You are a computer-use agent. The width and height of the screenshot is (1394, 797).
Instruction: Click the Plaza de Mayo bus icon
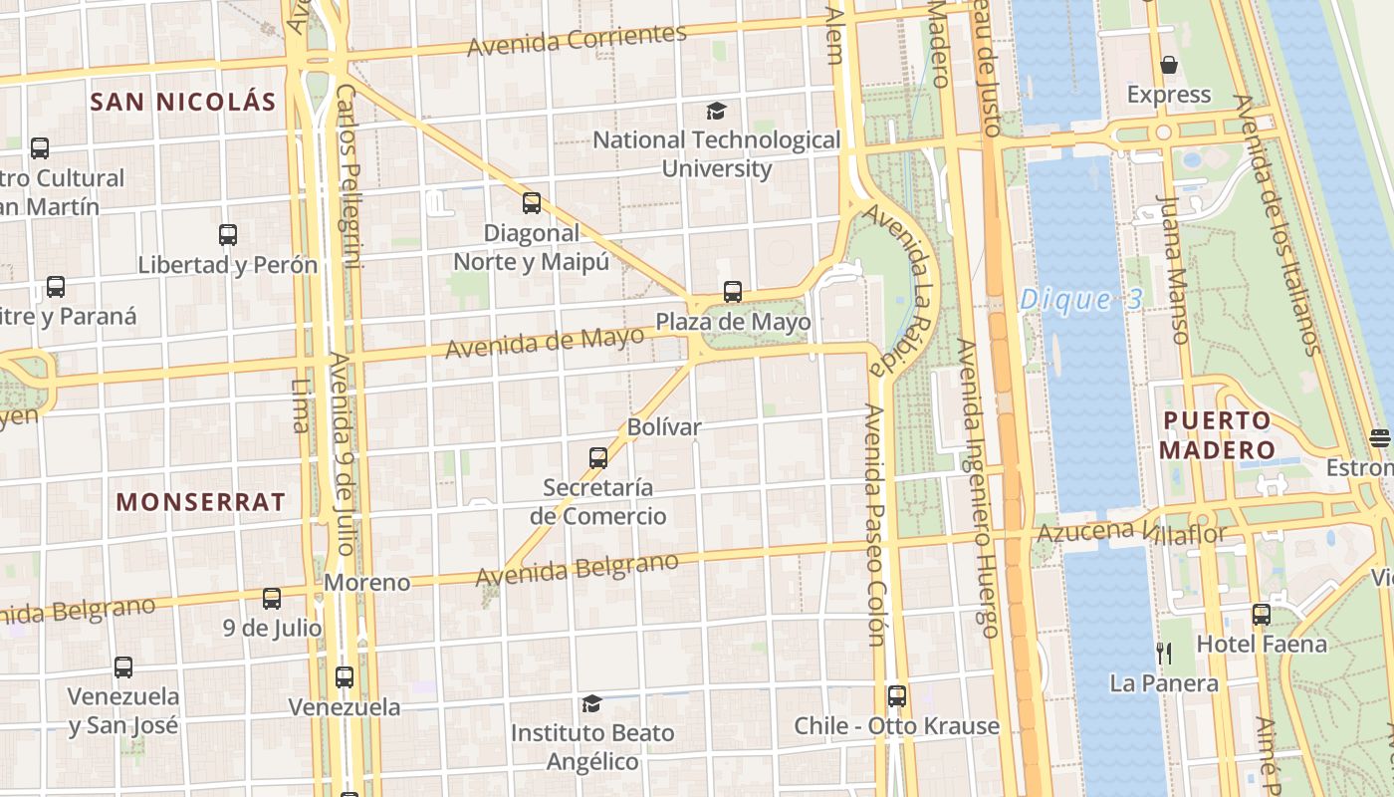point(733,292)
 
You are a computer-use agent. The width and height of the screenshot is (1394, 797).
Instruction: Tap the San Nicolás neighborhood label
point(182,102)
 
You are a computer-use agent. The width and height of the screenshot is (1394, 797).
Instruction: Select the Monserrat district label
point(200,501)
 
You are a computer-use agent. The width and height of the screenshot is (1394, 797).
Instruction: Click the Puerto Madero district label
point(1217,434)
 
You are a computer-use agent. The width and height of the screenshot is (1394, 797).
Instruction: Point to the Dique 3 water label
point(1079,300)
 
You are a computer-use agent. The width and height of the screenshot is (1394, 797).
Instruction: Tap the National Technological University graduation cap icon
point(716,111)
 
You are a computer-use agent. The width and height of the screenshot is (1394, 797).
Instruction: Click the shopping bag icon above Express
point(1169,66)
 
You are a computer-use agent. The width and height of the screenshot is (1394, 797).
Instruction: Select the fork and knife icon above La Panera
point(1163,654)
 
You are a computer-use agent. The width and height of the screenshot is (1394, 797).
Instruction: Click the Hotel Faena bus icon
point(1262,615)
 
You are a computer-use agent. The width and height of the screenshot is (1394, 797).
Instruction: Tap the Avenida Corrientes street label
point(577,40)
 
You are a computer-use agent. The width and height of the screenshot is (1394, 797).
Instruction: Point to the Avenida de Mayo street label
point(545,343)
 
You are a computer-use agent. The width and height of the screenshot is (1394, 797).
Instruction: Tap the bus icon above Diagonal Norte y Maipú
point(532,203)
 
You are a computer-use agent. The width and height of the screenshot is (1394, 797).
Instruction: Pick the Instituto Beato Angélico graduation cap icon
point(591,704)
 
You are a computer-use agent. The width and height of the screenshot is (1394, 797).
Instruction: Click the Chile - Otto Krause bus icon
point(896,696)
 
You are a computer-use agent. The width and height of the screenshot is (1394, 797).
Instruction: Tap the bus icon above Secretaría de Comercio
point(598,458)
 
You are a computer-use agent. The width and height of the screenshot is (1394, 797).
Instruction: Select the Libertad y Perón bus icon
point(228,235)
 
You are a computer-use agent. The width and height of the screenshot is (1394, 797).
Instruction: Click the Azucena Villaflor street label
point(1132,532)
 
